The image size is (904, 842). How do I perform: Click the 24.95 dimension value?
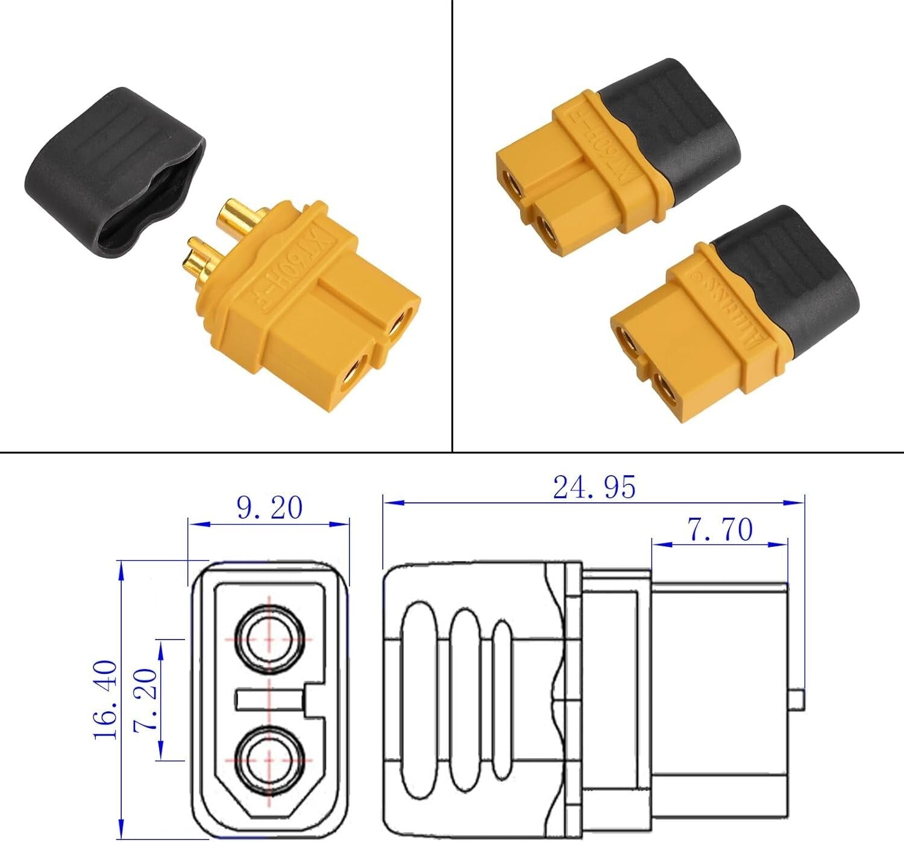(x=594, y=487)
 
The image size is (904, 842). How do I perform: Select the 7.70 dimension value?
(x=720, y=530)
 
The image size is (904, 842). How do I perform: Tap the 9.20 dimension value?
(x=269, y=508)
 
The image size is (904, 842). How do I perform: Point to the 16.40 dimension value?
(x=106, y=700)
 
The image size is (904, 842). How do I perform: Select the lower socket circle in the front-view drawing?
(x=269, y=760)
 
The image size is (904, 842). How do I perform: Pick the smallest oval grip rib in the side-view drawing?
(x=502, y=699)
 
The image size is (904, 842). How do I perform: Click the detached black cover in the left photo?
(x=111, y=172)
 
